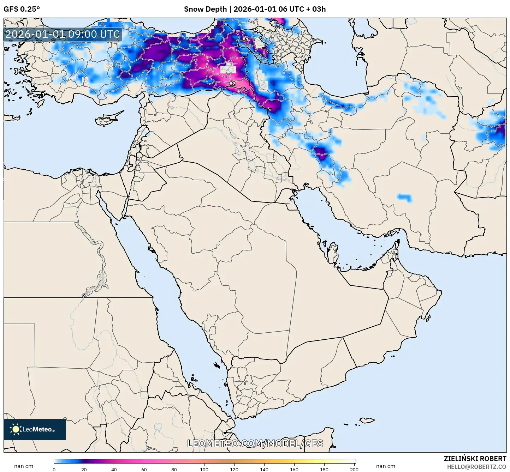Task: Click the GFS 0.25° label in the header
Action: (22, 9)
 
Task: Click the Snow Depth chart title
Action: (255, 9)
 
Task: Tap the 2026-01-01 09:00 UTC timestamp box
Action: (63, 34)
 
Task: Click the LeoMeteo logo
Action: (35, 429)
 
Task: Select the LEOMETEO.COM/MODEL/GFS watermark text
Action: (255, 443)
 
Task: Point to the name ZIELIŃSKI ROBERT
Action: (475, 459)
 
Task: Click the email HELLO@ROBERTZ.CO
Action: (476, 467)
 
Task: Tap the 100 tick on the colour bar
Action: (204, 470)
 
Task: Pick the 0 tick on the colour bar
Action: (54, 470)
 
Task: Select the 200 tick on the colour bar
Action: (354, 470)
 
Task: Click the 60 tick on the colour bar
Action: (144, 470)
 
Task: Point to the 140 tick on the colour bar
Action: (264, 470)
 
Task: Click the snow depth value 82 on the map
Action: (232, 84)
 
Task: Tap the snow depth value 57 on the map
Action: (245, 40)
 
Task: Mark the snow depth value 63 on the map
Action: (277, 27)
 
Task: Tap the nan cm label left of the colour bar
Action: (24, 466)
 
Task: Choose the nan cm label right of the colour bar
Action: (385, 466)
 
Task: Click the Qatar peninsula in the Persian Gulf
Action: (332, 252)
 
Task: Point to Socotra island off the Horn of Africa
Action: (367, 420)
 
